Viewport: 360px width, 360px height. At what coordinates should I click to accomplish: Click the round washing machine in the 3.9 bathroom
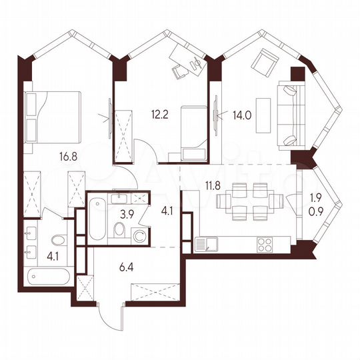[x=139, y=235]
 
